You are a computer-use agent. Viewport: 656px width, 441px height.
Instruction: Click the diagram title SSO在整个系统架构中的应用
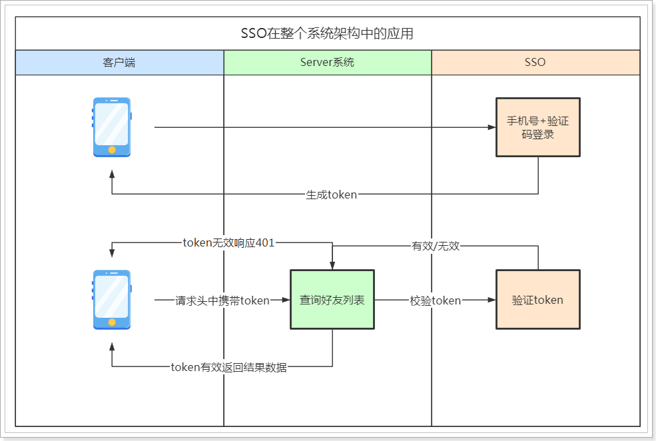coord(327,33)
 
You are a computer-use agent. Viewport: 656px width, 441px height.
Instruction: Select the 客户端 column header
coord(119,63)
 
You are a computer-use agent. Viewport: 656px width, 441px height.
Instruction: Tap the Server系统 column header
coord(327,63)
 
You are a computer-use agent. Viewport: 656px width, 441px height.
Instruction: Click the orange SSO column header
coord(535,63)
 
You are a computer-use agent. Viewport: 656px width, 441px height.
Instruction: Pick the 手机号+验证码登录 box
coord(537,127)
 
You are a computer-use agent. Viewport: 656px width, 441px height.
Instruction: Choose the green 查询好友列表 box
coord(332,300)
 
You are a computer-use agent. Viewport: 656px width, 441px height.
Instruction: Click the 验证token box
coord(537,300)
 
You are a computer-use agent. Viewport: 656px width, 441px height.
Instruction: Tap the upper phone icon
coord(111,127)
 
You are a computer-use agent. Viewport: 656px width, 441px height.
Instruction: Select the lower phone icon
coord(111,300)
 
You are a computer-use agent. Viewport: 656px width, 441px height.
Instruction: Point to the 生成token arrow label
coord(331,195)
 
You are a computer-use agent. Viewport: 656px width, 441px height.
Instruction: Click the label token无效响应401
coord(228,243)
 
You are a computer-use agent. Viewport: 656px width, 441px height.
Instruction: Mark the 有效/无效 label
coord(436,246)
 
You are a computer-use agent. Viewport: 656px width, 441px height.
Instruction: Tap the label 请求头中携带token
coord(222,300)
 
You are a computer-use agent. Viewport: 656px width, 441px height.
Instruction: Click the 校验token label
coord(436,300)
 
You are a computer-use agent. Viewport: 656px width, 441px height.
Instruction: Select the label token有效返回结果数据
coord(228,367)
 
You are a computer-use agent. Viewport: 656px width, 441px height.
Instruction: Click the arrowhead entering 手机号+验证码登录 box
coord(492,127)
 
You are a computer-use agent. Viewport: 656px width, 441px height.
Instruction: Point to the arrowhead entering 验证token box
coord(492,300)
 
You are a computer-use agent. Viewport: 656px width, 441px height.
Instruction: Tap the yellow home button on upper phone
coord(111,149)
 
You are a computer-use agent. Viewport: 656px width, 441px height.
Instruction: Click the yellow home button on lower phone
coord(111,322)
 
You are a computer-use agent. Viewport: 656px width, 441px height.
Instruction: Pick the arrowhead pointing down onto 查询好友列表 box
coord(332,265)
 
